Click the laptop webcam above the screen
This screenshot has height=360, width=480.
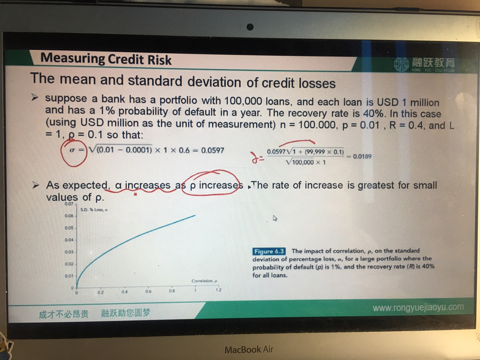coord(250,27)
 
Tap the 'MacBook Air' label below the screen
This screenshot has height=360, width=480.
coord(249,349)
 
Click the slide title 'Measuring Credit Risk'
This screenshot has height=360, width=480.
coord(106,59)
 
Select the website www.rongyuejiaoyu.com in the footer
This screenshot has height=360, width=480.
coord(418,307)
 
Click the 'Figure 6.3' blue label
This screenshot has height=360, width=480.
coord(269,251)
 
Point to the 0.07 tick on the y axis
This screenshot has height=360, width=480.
coord(69,204)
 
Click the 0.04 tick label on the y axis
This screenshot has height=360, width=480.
coord(69,240)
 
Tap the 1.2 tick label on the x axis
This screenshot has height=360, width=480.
coord(218,290)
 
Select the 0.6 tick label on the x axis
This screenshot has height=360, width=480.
coord(148,291)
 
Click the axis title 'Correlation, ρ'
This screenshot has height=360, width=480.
coord(204,281)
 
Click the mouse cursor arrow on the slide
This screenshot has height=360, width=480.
coord(275,218)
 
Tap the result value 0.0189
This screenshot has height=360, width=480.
coord(362,156)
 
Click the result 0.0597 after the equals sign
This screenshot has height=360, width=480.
coord(213,150)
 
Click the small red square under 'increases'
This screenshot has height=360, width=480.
coord(135,194)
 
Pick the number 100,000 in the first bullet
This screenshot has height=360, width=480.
coord(243,101)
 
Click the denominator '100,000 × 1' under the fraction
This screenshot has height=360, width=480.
coord(306,162)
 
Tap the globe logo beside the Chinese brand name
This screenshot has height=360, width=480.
coord(401,65)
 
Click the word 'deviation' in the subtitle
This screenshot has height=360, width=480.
coord(214,82)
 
